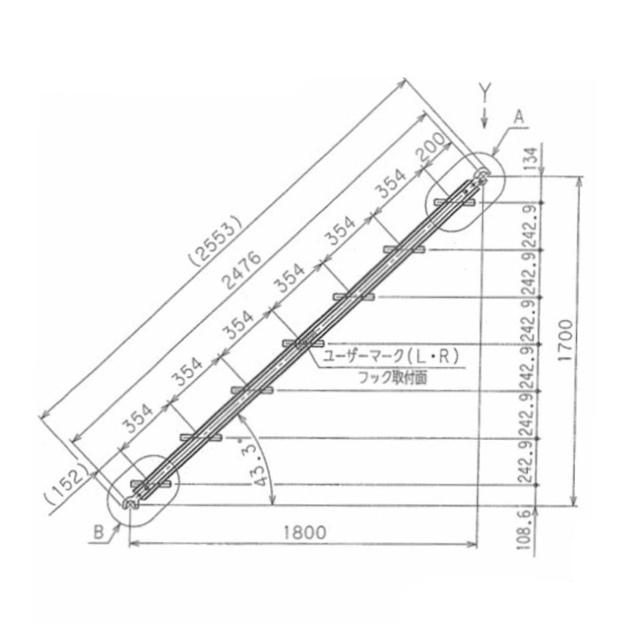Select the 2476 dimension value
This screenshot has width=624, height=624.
[242, 270]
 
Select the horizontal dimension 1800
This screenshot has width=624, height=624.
[305, 532]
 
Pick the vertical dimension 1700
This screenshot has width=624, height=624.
[566, 340]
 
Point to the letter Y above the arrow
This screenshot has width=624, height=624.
[485, 93]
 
